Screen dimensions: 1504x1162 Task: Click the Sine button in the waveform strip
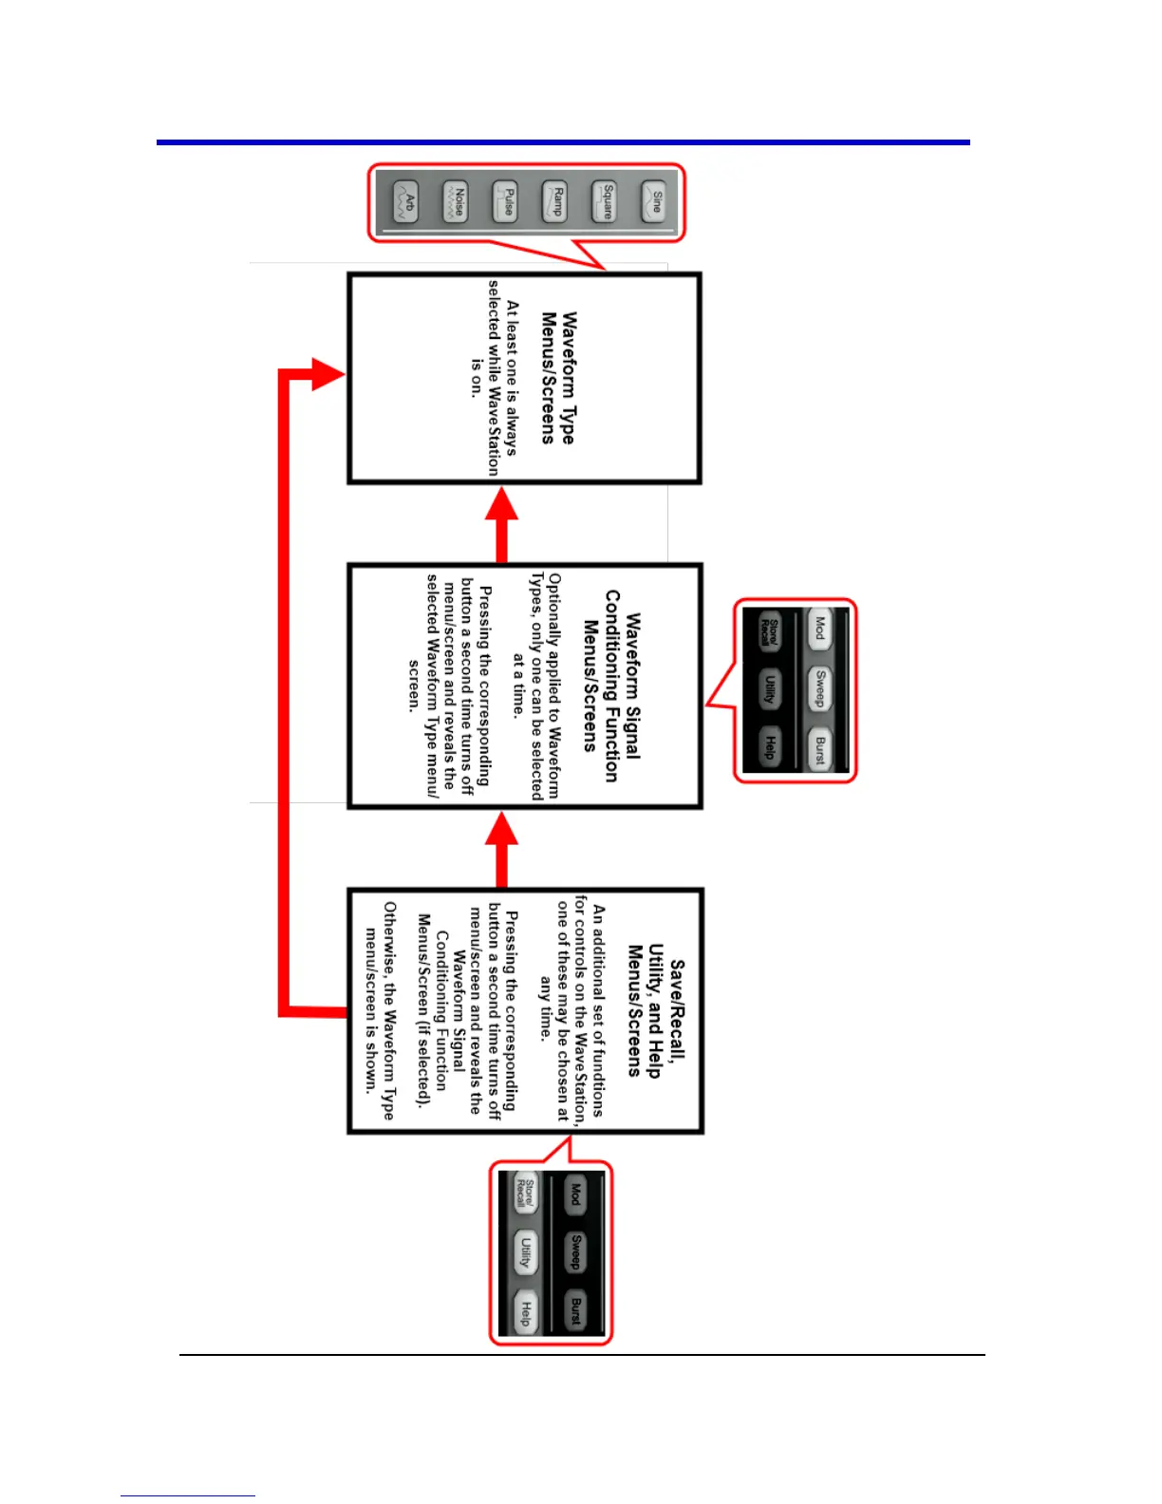pyautogui.click(x=654, y=202)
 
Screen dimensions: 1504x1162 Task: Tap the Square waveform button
pyautogui.click(x=605, y=202)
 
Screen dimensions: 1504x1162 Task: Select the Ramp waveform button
pyautogui.click(x=555, y=202)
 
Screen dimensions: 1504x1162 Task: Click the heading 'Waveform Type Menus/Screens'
pyautogui.click(x=558, y=378)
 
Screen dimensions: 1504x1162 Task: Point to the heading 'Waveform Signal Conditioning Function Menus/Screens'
pyautogui.click(x=611, y=686)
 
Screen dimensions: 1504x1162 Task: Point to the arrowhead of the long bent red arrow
pyautogui.click(x=328, y=373)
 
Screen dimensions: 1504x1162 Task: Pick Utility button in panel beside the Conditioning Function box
pyautogui.click(x=770, y=689)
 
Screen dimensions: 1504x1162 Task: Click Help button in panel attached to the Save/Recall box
pyautogui.click(x=525, y=1312)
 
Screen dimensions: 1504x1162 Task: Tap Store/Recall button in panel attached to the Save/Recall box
pyautogui.click(x=525, y=1194)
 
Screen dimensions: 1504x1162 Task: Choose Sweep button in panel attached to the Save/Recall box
pyautogui.click(x=575, y=1252)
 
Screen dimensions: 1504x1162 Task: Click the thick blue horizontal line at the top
pyautogui.click(x=563, y=142)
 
